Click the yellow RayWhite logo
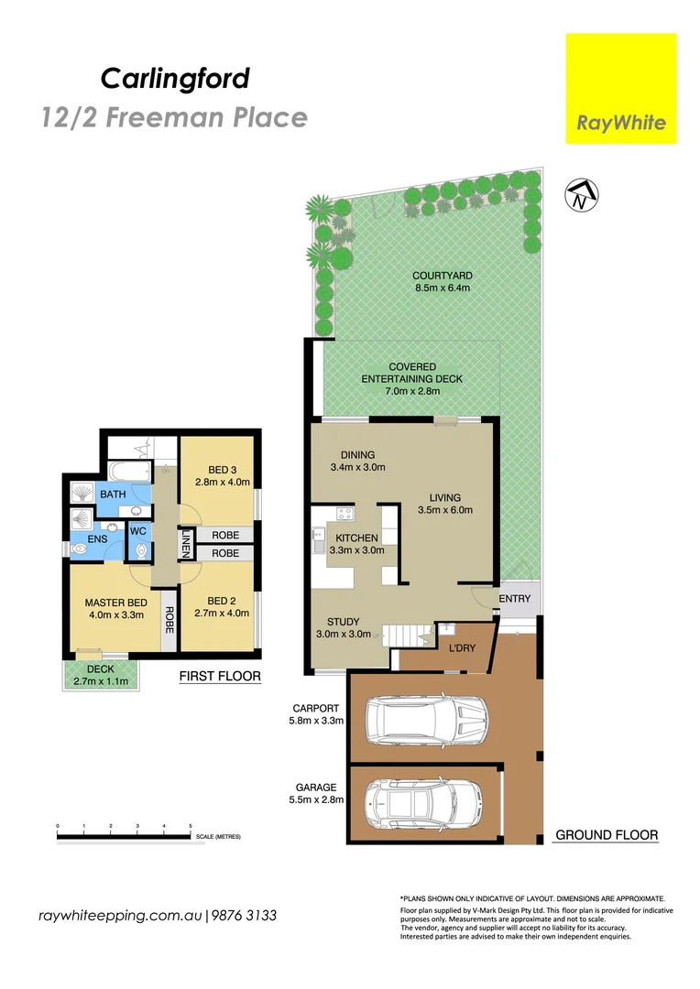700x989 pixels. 620,88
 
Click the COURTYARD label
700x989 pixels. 442,276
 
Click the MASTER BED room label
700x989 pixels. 115,603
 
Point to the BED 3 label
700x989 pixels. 221,469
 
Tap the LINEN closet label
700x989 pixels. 186,544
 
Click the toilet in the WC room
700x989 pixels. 138,549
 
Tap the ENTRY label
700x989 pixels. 514,599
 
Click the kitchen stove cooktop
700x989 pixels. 345,513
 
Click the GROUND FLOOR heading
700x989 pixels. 607,835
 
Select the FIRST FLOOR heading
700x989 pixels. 220,677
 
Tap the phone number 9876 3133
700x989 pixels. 245,916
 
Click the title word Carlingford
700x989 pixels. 175,79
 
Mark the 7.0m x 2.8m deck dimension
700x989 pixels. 411,391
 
